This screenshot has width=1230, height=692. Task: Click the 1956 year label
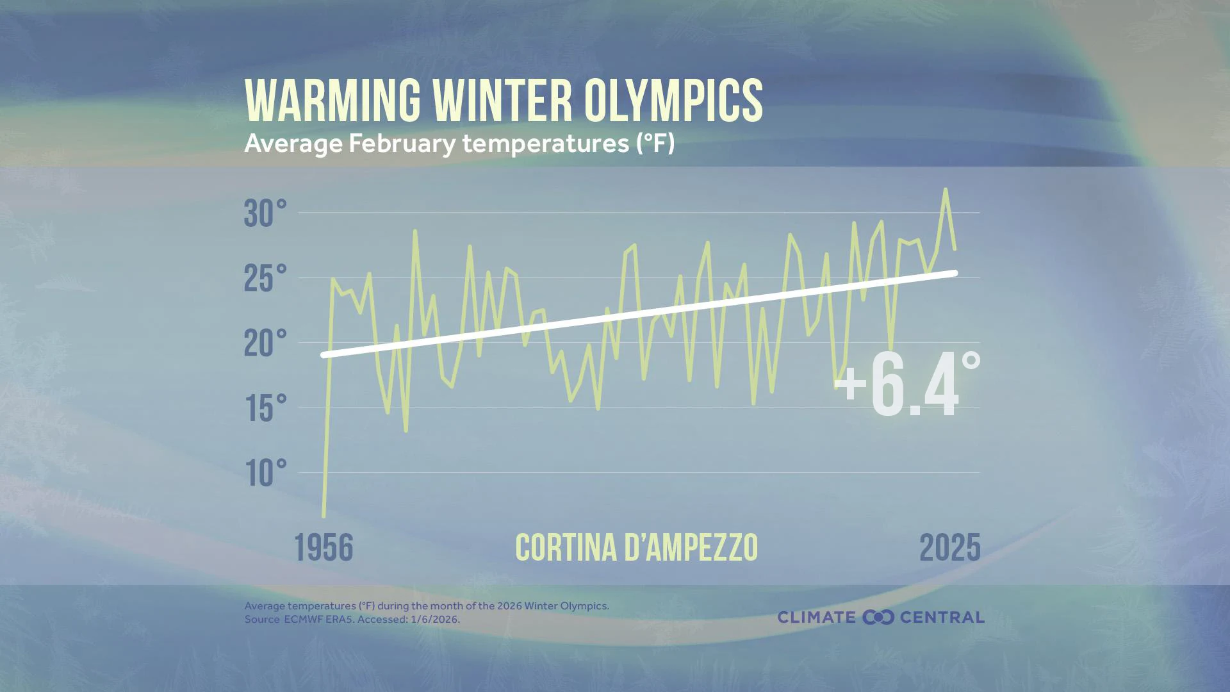pyautogui.click(x=324, y=548)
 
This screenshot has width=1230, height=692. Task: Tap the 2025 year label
pyautogui.click(x=949, y=548)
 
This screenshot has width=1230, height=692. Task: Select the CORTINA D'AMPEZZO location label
pyautogui.click(x=636, y=548)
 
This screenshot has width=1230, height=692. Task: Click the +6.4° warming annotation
pyautogui.click(x=906, y=386)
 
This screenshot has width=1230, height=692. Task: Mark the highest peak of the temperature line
pyautogui.click(x=946, y=190)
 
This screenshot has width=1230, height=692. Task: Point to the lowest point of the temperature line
pyautogui.click(x=324, y=515)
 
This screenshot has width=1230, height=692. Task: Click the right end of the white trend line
pyautogui.click(x=955, y=273)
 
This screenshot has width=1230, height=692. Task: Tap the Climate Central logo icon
pyautogui.click(x=878, y=618)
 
